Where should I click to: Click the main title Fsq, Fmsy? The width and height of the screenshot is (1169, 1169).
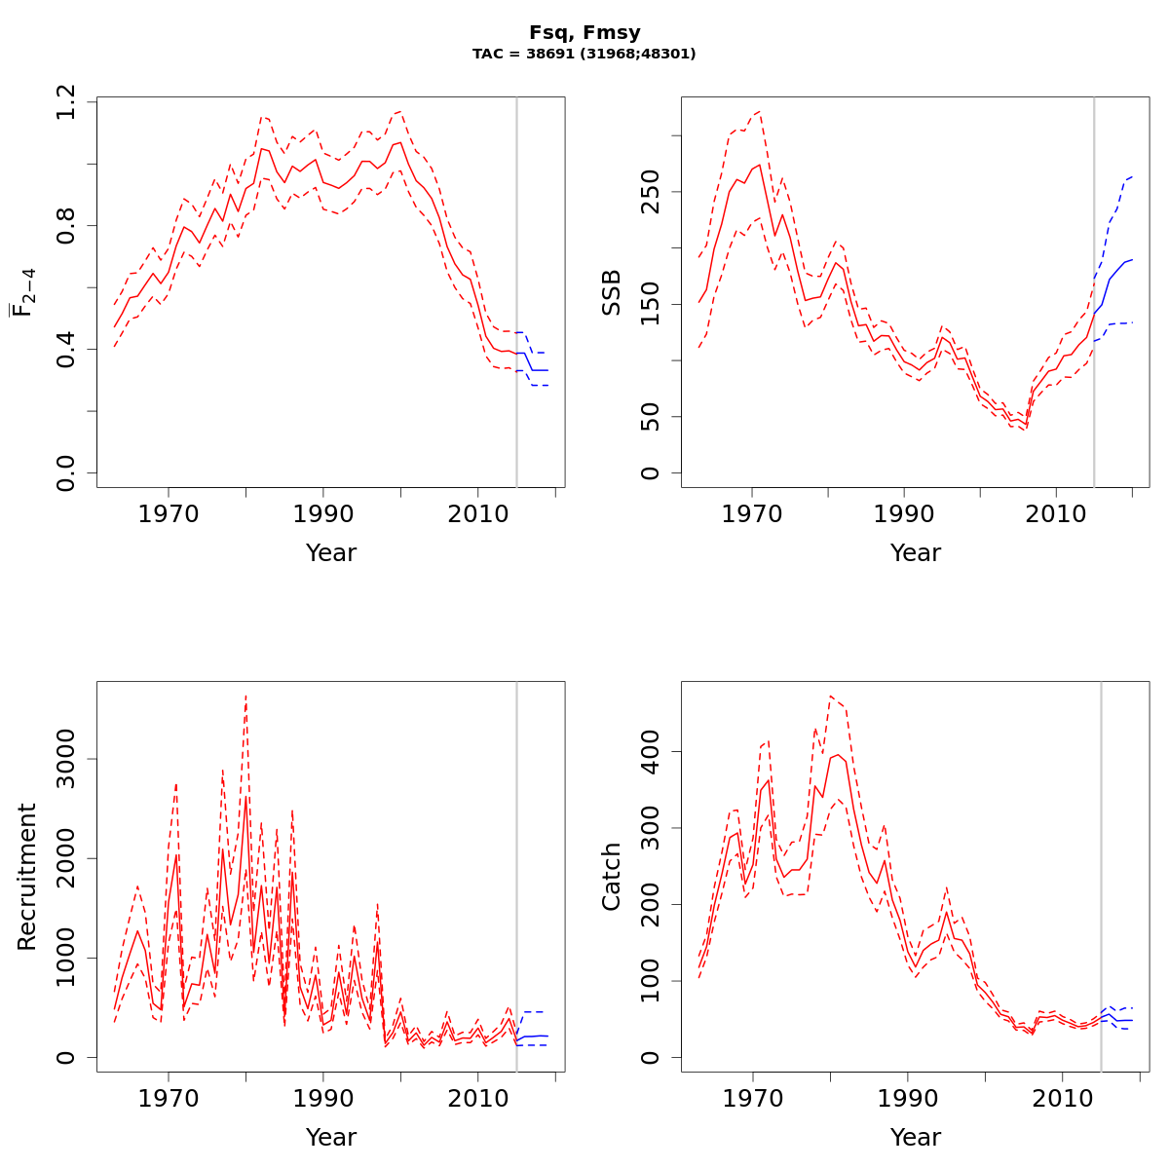(x=584, y=33)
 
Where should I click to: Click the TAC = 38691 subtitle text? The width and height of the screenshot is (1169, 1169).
(x=584, y=55)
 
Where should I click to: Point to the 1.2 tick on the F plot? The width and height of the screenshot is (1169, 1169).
(x=66, y=101)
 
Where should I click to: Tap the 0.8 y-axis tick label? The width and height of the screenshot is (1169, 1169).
(x=66, y=225)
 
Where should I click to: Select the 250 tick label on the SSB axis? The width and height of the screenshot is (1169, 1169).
(x=651, y=191)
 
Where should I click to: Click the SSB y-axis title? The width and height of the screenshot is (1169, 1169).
(x=612, y=291)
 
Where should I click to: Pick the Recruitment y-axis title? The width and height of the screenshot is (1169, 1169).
(x=27, y=877)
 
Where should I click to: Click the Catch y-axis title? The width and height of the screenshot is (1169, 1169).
(x=612, y=877)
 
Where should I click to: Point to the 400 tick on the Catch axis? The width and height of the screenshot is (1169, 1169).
(x=651, y=751)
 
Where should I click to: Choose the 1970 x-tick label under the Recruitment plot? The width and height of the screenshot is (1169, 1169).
(x=169, y=1098)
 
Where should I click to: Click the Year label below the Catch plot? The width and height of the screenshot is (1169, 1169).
(x=916, y=1137)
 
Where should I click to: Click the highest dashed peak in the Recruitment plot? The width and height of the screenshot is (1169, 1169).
(x=245, y=697)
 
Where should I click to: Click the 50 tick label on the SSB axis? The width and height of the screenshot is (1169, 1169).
(x=651, y=417)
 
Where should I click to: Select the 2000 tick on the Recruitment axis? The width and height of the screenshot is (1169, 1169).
(x=66, y=858)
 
